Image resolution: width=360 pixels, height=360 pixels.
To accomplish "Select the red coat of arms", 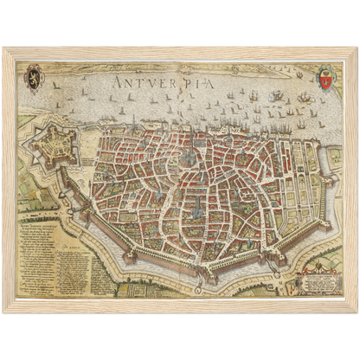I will [x=326, y=80].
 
